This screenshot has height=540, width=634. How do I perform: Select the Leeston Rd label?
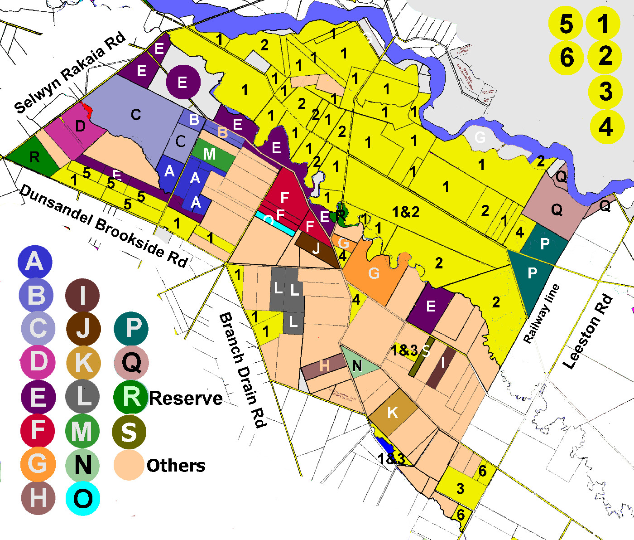click(587, 332)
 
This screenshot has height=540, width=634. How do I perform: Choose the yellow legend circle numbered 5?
click(566, 23)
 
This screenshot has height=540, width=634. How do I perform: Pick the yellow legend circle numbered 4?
click(605, 126)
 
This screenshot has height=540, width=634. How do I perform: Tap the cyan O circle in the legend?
click(83, 498)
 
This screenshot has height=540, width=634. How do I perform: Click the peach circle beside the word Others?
click(129, 465)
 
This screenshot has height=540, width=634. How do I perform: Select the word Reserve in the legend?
click(186, 398)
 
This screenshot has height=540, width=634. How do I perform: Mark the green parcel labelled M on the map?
click(210, 155)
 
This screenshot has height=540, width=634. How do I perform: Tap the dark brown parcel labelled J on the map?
click(316, 248)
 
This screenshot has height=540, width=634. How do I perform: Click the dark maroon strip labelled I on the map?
click(441, 367)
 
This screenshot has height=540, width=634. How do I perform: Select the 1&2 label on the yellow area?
click(405, 212)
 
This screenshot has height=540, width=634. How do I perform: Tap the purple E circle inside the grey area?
click(183, 83)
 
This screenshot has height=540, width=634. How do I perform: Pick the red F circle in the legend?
click(38, 430)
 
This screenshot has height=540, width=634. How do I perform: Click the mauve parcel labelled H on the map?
click(324, 366)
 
